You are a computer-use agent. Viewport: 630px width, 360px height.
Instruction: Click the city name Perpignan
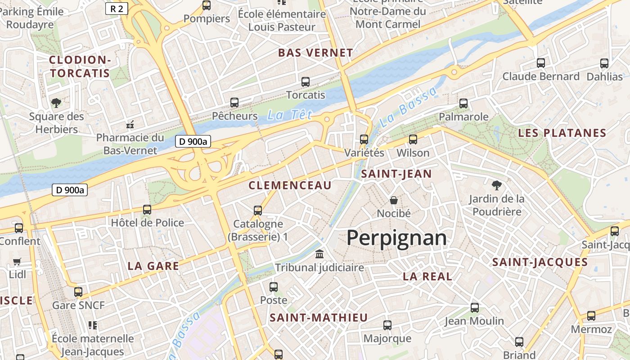click(x=396, y=238)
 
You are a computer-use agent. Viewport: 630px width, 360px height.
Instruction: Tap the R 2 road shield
click(x=117, y=8)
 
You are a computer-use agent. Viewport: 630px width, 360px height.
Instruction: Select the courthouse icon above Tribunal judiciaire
click(x=319, y=254)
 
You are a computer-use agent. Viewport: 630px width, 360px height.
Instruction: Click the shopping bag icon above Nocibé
click(x=394, y=200)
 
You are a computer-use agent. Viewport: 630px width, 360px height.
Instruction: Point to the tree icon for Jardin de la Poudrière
click(x=497, y=184)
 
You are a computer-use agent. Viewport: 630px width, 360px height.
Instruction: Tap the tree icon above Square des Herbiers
click(x=56, y=103)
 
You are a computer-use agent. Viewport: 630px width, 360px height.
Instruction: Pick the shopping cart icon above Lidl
click(x=17, y=261)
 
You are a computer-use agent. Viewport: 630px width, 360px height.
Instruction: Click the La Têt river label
click(x=289, y=115)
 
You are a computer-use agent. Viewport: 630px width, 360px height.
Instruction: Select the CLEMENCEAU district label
click(x=290, y=185)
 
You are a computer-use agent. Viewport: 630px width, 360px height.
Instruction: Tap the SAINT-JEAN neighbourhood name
click(x=396, y=174)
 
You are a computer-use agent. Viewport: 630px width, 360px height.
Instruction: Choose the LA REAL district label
click(x=427, y=277)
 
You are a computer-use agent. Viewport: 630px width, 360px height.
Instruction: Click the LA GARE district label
click(x=153, y=266)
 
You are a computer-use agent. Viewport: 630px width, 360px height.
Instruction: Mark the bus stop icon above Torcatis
click(x=306, y=82)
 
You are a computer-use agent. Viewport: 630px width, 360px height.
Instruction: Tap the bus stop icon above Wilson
click(x=413, y=139)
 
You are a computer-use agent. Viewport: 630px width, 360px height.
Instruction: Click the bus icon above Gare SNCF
click(x=78, y=292)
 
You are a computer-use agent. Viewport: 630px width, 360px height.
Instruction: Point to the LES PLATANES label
click(x=562, y=133)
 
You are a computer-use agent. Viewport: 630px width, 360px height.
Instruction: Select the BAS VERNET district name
click(x=315, y=53)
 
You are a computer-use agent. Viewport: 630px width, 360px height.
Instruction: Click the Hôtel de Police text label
click(x=148, y=223)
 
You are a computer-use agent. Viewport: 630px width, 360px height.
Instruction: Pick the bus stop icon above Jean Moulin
click(x=475, y=308)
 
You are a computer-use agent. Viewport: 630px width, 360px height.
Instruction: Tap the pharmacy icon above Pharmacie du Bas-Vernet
click(x=130, y=124)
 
